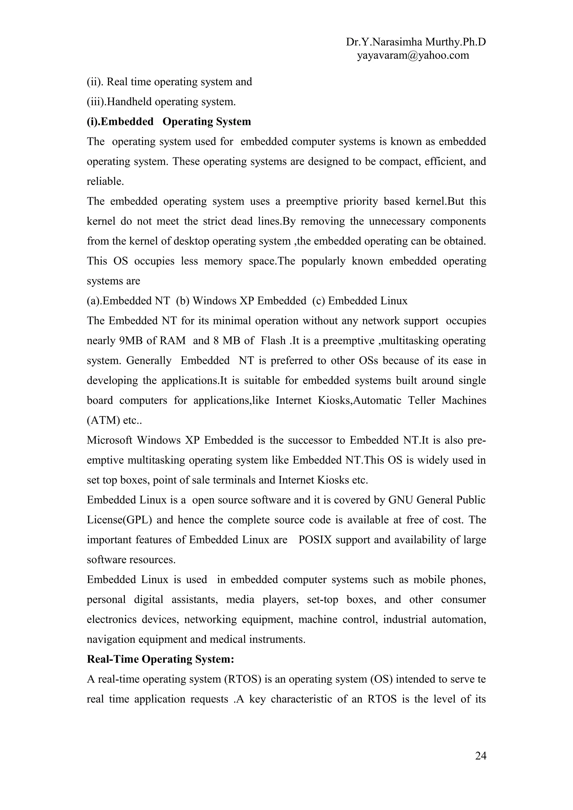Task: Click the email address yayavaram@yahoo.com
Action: coord(413,55)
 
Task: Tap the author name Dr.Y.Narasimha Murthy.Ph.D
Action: coord(415,42)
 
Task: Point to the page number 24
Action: coord(480,756)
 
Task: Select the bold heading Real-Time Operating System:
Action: coord(161,659)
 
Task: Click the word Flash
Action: coord(273,340)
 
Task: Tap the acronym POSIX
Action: coord(315,540)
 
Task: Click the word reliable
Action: coord(105,181)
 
